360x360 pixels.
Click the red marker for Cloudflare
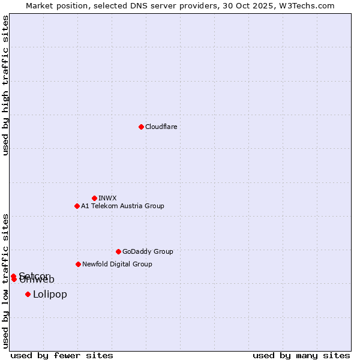coord(141,127)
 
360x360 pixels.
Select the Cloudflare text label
coord(161,127)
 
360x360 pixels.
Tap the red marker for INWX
coord(94,198)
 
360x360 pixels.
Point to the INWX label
coord(107,198)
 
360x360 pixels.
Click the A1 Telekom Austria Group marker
coord(77,206)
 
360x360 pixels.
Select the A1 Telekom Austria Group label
coord(122,206)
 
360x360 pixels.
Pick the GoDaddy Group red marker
coord(118,251)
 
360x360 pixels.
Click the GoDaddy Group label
coord(148,251)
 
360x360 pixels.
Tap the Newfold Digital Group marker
coord(78,264)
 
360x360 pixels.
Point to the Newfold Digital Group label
coord(117,264)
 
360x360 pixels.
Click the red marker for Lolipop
coord(28,294)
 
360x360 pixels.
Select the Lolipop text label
coord(50,294)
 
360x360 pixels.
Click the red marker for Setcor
coord(13,276)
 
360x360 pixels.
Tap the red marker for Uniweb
coord(14,279)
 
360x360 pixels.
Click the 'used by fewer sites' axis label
coord(62,355)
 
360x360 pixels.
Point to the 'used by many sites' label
coord(301,355)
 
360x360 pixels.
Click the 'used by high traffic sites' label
coord(5,85)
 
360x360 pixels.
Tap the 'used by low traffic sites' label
coord(5,281)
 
